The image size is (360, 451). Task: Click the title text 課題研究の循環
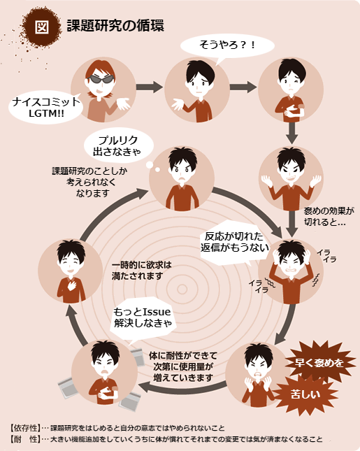pyautogui.click(x=115, y=26)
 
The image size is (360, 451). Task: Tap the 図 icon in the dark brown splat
pyautogui.click(x=42, y=27)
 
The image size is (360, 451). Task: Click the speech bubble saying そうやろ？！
pyautogui.click(x=227, y=47)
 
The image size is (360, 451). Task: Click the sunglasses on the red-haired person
pyautogui.click(x=101, y=79)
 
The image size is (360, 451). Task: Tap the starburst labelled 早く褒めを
pyautogui.click(x=319, y=363)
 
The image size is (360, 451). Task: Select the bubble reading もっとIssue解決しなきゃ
pyautogui.click(x=143, y=319)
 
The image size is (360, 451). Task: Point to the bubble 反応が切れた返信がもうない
pyautogui.click(x=234, y=243)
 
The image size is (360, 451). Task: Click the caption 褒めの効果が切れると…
pyautogui.click(x=329, y=216)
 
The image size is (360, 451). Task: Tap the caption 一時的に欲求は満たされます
pyautogui.click(x=141, y=271)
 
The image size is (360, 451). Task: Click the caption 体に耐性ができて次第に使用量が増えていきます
pyautogui.click(x=183, y=366)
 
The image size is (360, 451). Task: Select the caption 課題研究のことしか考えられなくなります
pyautogui.click(x=89, y=182)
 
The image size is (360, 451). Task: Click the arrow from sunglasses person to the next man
pyautogui.click(x=150, y=87)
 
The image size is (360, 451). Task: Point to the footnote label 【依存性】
pyautogui.click(x=25, y=428)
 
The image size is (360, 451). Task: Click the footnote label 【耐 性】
pyautogui.click(x=25, y=439)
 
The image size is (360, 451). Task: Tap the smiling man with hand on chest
pyautogui.click(x=71, y=271)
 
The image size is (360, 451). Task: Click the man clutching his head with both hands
pyautogui.click(x=291, y=271)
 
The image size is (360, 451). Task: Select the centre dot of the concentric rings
pyautogui.click(x=182, y=289)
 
